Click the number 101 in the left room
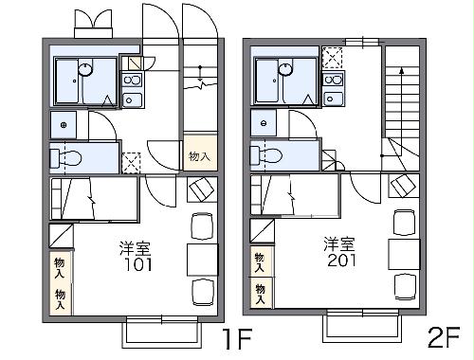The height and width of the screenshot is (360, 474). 135,263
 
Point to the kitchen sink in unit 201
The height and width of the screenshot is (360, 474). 334,79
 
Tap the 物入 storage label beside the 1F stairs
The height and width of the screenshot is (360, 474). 197,156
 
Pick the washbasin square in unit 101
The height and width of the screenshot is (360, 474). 64,124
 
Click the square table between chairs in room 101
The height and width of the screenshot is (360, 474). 201,257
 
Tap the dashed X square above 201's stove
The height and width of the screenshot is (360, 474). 334,57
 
